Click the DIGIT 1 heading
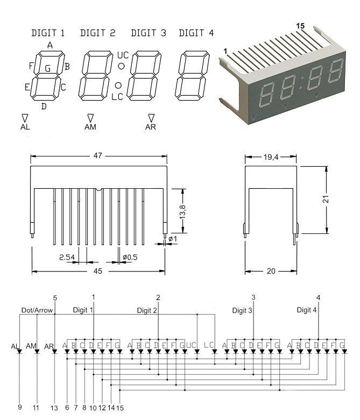pos(48,33)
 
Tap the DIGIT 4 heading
pos(196,33)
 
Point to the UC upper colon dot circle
pos(122,66)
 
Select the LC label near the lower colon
pos(117,97)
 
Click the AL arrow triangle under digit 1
pos(25,118)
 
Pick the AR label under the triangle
pos(150,127)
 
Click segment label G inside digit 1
pos(48,69)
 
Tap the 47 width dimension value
pos(98,155)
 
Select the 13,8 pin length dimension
pos(183,210)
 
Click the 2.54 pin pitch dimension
pos(67,257)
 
